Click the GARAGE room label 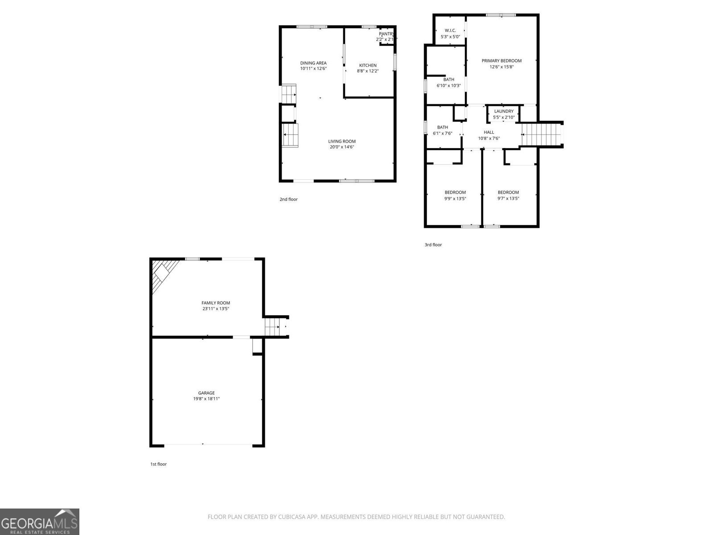[x=206, y=393]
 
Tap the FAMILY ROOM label [x=216, y=303]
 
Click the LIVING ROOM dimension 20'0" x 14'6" [x=342, y=147]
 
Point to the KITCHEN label [x=368, y=66]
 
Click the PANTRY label [x=386, y=34]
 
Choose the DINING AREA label [x=313, y=63]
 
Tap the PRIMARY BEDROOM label [x=501, y=61]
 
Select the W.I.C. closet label [x=450, y=30]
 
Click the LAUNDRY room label [x=504, y=111]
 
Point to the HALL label [x=489, y=132]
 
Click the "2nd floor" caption [x=288, y=199]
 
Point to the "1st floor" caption [x=158, y=464]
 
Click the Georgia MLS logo [x=39, y=522]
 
